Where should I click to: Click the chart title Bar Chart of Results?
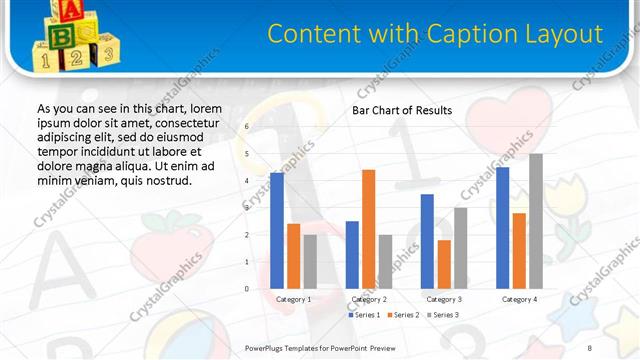pyautogui.click(x=402, y=110)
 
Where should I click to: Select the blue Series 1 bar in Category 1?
pyautogui.click(x=277, y=230)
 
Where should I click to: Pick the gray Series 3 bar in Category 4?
pyautogui.click(x=536, y=221)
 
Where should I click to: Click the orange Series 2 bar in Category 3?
pyautogui.click(x=444, y=264)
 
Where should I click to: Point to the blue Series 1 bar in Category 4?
pyautogui.click(x=502, y=228)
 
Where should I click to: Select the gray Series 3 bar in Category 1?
pyautogui.click(x=310, y=261)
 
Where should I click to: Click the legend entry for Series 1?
pyautogui.click(x=364, y=315)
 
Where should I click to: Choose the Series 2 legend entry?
pyautogui.click(x=403, y=315)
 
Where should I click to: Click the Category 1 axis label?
pyautogui.click(x=293, y=299)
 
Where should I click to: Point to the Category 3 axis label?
pyautogui.click(x=444, y=299)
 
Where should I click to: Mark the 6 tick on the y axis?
pyautogui.click(x=247, y=127)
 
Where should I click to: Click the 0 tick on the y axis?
pyautogui.click(x=247, y=289)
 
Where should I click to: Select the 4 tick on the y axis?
pyautogui.click(x=247, y=181)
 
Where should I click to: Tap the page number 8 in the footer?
pyautogui.click(x=590, y=347)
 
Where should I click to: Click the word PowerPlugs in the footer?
pyautogui.click(x=267, y=347)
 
